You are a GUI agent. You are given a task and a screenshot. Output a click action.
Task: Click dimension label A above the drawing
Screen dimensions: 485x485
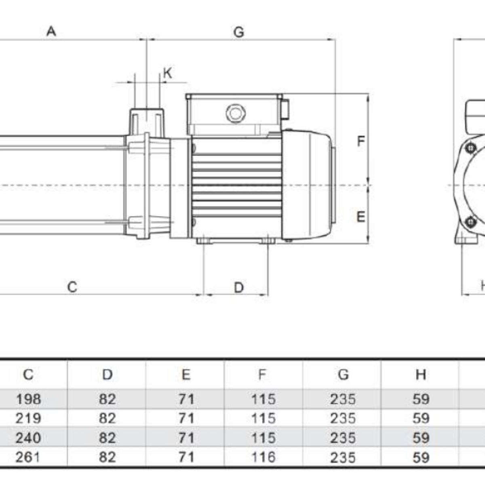pyautogui.click(x=51, y=31)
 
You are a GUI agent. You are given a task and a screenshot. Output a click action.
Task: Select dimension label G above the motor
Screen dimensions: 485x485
pyautogui.click(x=239, y=32)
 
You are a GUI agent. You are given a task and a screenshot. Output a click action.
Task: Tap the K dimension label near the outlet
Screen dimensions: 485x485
pyautogui.click(x=167, y=73)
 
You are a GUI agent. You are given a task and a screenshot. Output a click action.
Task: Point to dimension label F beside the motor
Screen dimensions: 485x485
pyautogui.click(x=361, y=141)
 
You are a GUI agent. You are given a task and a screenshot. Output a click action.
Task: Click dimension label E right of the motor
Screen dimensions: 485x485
pyautogui.click(x=361, y=217)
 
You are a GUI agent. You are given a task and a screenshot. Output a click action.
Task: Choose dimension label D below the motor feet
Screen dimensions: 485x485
pyautogui.click(x=239, y=287)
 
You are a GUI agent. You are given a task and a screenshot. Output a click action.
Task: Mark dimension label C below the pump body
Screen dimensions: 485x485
pyautogui.click(x=72, y=287)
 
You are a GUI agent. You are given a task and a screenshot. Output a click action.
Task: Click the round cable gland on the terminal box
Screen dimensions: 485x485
pyautogui.click(x=235, y=113)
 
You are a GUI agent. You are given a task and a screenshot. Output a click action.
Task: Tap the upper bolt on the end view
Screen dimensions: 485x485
pyautogui.click(x=470, y=148)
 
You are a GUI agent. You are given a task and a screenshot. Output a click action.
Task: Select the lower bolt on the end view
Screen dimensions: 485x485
pyautogui.click(x=470, y=221)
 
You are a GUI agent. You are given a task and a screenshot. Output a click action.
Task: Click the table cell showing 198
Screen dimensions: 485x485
pyautogui.click(x=28, y=399)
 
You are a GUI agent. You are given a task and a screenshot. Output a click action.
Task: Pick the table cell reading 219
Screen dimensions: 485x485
pyautogui.click(x=28, y=418)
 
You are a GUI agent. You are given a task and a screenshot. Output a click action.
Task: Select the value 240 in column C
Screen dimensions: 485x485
pyautogui.click(x=28, y=438)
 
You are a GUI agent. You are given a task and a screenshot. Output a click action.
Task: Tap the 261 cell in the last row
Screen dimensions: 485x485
pyautogui.click(x=28, y=457)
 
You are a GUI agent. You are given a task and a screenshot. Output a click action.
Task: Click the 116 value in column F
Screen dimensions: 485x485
pyautogui.click(x=263, y=457)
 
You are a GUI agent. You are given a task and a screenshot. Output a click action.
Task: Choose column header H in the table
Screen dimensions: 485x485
pyautogui.click(x=421, y=375)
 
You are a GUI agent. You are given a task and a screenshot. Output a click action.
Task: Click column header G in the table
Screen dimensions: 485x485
pyautogui.click(x=343, y=375)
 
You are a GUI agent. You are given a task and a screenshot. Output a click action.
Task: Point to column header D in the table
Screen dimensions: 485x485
pyautogui.click(x=107, y=375)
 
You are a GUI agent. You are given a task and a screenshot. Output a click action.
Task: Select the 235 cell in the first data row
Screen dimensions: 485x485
pyautogui.click(x=343, y=399)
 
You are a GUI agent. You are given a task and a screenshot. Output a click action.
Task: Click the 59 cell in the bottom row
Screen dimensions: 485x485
pyautogui.click(x=421, y=457)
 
